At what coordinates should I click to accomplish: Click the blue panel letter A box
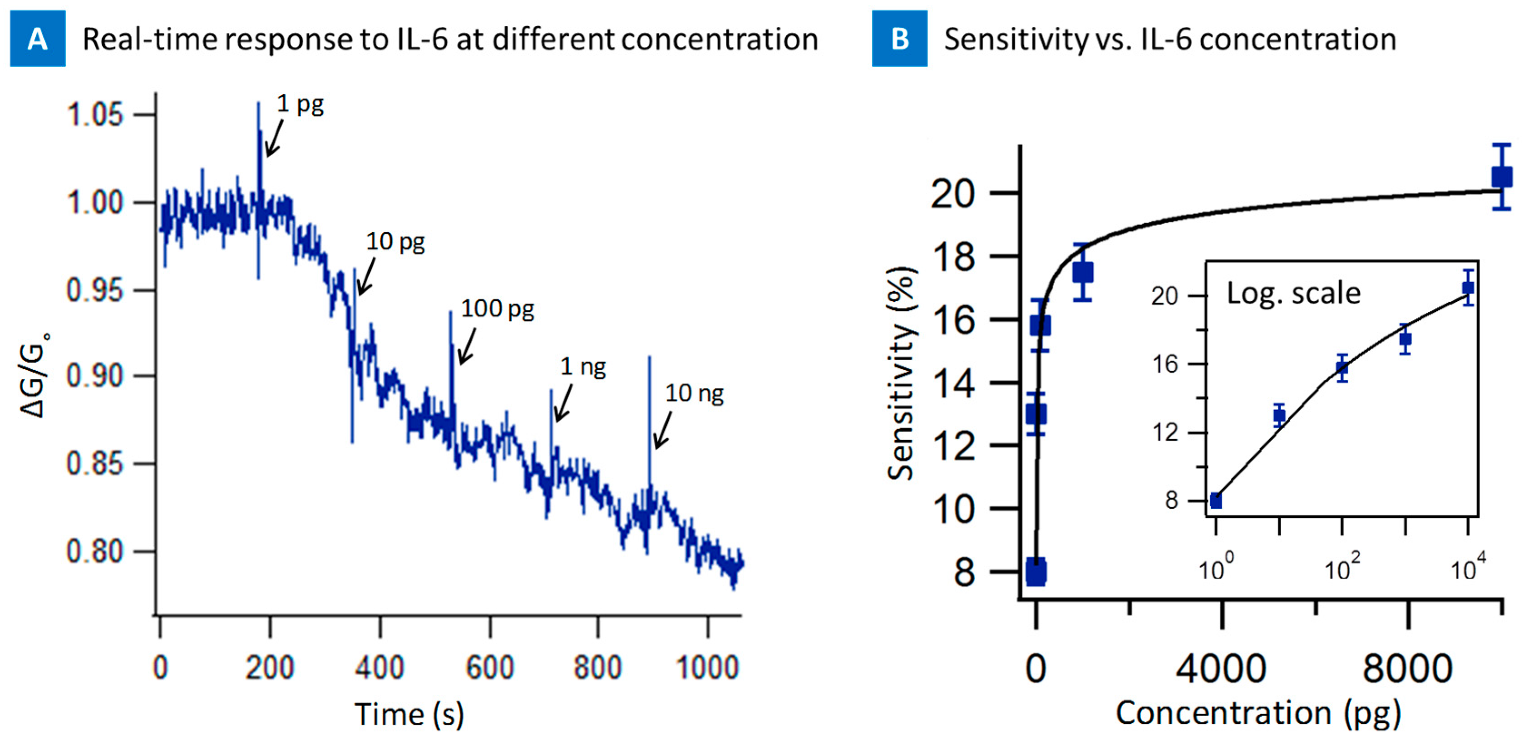click(37, 39)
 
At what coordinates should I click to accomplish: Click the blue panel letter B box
click(899, 39)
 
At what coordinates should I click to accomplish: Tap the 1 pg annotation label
click(300, 105)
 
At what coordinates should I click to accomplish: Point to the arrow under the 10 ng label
click(663, 431)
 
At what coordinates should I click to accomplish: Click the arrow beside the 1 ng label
click(563, 403)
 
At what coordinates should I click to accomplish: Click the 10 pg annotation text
click(395, 242)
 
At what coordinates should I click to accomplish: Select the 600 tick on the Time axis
click(489, 667)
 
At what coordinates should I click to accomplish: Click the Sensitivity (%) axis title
click(902, 374)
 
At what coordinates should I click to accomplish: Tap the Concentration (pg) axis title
click(1258, 712)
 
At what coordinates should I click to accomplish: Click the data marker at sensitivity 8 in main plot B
click(1036, 571)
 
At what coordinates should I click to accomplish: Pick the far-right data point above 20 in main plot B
click(1501, 177)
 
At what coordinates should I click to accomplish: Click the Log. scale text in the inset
click(1293, 293)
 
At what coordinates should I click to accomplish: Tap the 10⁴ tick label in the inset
click(1467, 569)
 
